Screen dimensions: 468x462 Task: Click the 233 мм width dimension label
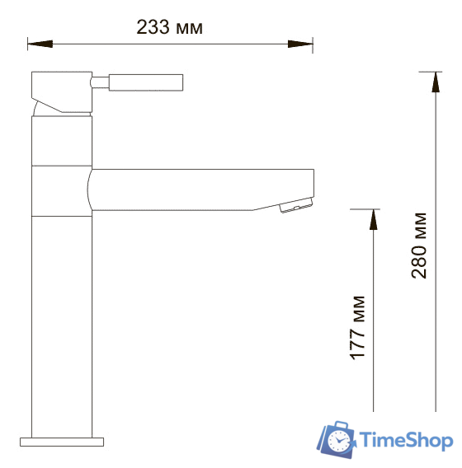[169, 27]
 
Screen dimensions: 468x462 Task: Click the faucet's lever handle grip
[145, 82]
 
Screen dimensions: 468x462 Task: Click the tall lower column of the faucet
[62, 321]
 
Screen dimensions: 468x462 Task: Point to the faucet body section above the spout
[62, 141]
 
